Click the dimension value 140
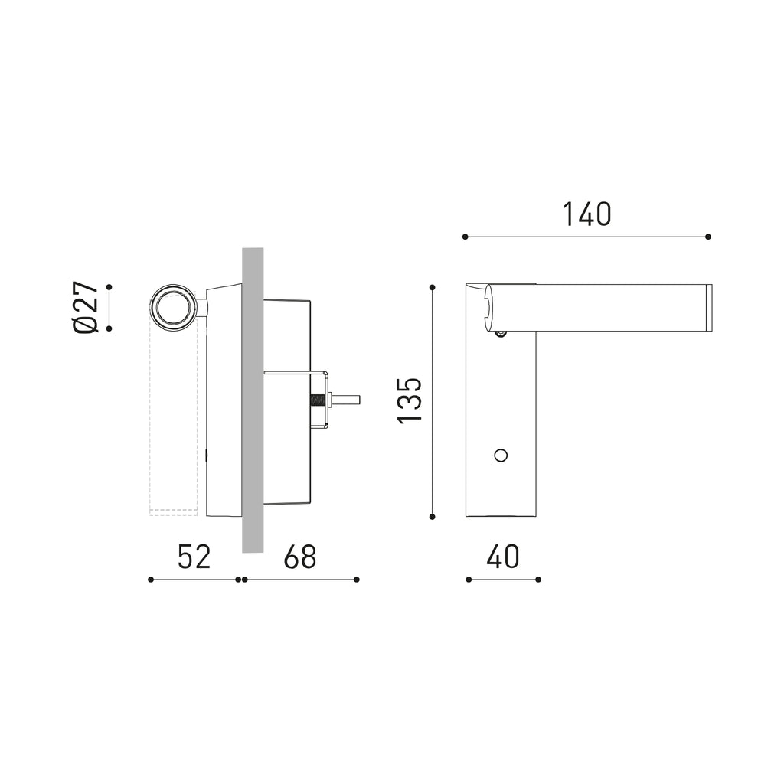586,214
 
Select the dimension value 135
410,400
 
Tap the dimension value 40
502,557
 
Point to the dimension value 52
194,557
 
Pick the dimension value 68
300,557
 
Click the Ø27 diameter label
86,306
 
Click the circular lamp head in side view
173,308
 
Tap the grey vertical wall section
253,400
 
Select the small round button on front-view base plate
501,455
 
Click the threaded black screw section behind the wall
318,400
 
